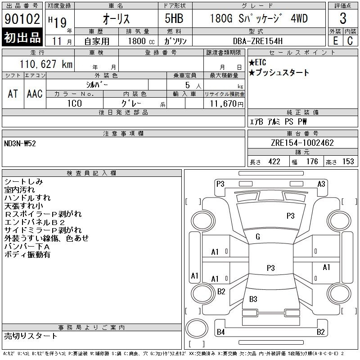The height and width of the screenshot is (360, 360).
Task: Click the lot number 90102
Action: point(22,19)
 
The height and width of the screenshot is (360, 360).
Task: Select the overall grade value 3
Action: point(343,18)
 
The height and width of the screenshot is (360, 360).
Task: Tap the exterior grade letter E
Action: point(335,41)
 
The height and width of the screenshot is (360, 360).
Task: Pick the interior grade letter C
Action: point(350,41)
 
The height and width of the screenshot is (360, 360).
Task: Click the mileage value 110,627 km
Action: point(46,64)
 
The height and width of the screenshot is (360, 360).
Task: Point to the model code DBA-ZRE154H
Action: point(257,41)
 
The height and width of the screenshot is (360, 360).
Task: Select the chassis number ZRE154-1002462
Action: point(302,143)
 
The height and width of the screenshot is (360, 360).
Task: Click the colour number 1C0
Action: point(75,103)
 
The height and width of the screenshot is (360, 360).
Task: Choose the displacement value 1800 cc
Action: point(141,41)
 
